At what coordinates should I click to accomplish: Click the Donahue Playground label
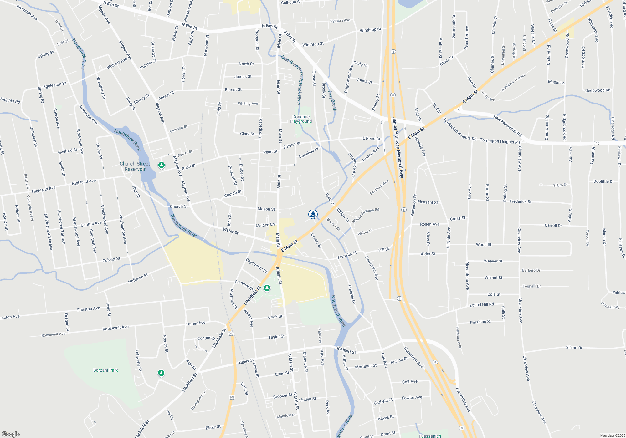tap(301, 119)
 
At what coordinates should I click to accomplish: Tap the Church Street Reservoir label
tap(135, 166)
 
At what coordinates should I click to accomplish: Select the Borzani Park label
tap(105, 370)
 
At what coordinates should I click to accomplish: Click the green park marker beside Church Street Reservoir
tap(162, 165)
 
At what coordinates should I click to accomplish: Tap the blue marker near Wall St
tap(313, 214)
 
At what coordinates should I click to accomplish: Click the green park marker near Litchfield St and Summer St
tap(267, 288)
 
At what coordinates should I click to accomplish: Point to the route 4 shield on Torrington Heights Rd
tap(596, 143)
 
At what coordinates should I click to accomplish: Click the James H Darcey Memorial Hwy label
tap(398, 148)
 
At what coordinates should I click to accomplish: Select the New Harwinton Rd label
tap(507, 126)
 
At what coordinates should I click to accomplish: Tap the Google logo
tap(10, 434)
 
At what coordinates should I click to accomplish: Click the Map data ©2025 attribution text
tap(613, 435)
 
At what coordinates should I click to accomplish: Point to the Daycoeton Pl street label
tap(256, 265)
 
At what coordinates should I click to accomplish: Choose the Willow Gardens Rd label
tap(365, 215)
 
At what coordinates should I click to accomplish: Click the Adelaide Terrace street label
tap(513, 82)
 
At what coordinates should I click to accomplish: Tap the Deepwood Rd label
tap(598, 90)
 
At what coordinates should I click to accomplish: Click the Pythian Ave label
tap(340, 21)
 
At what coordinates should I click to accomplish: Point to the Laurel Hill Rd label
tap(481, 304)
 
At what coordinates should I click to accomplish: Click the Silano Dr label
tap(574, 348)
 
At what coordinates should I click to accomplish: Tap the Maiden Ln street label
tap(265, 225)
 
